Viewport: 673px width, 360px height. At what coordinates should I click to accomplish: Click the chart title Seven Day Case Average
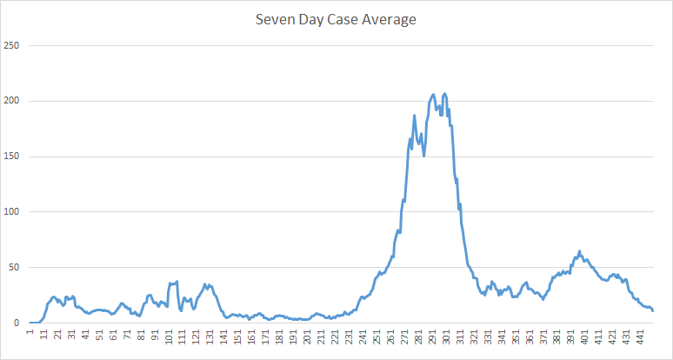click(x=336, y=19)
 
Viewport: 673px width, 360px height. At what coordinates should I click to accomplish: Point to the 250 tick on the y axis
click(x=12, y=45)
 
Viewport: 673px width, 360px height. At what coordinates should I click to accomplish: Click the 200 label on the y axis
click(x=12, y=101)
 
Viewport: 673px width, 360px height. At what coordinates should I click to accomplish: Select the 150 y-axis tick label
click(x=12, y=157)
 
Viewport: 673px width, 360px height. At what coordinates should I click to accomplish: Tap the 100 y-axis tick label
click(x=12, y=212)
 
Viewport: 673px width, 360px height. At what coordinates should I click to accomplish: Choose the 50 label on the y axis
click(x=15, y=268)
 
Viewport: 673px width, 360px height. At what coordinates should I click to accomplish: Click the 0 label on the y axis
click(x=17, y=323)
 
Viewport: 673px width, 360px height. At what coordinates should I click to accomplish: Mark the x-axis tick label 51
click(x=100, y=336)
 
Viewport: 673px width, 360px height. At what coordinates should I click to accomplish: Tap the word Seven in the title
click(x=272, y=19)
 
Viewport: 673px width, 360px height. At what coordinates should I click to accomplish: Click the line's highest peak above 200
click(x=445, y=93)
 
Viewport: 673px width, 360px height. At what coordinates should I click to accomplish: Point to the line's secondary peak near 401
click(x=579, y=252)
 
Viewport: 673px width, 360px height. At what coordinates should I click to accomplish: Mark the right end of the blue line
click(x=653, y=310)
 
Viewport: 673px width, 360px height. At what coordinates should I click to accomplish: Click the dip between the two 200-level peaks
click(x=441, y=113)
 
